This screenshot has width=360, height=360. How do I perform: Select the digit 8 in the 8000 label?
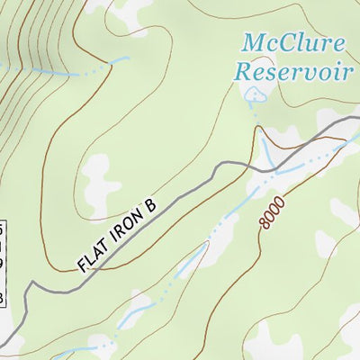[x=268, y=223]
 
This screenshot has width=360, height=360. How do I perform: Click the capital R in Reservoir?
[x=243, y=72]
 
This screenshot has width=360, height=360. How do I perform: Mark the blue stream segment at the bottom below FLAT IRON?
[x=135, y=310]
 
